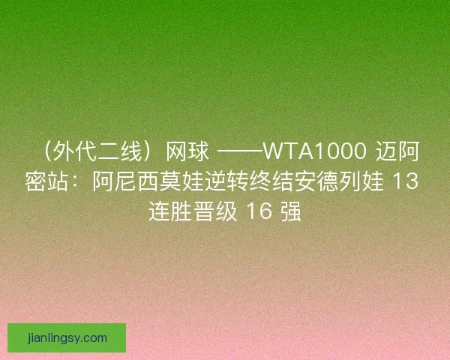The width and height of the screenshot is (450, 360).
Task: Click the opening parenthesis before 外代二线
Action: coord(46,154)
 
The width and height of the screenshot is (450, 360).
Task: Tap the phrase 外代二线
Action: coord(97,154)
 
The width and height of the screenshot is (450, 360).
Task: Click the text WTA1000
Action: coord(312,154)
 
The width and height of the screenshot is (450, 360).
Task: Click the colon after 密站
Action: coord(82,182)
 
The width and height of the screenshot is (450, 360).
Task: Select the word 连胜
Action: coord(173,211)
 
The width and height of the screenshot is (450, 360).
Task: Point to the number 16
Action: coord(259,211)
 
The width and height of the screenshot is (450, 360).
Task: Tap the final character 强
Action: coord(291,211)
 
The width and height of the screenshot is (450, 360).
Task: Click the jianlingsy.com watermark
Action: coord(67,337)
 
